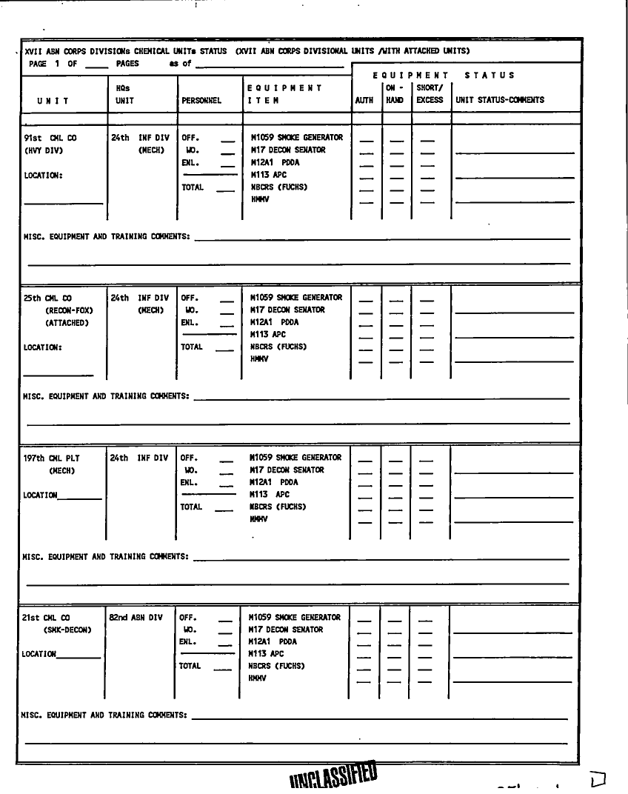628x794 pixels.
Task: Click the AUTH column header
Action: coord(364,100)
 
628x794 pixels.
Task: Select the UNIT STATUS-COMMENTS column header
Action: coord(500,100)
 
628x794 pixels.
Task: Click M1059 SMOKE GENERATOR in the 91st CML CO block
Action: coord(296,138)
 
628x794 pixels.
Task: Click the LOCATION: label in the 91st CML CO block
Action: coord(42,176)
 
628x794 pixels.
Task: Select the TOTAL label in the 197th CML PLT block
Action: coord(191,507)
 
